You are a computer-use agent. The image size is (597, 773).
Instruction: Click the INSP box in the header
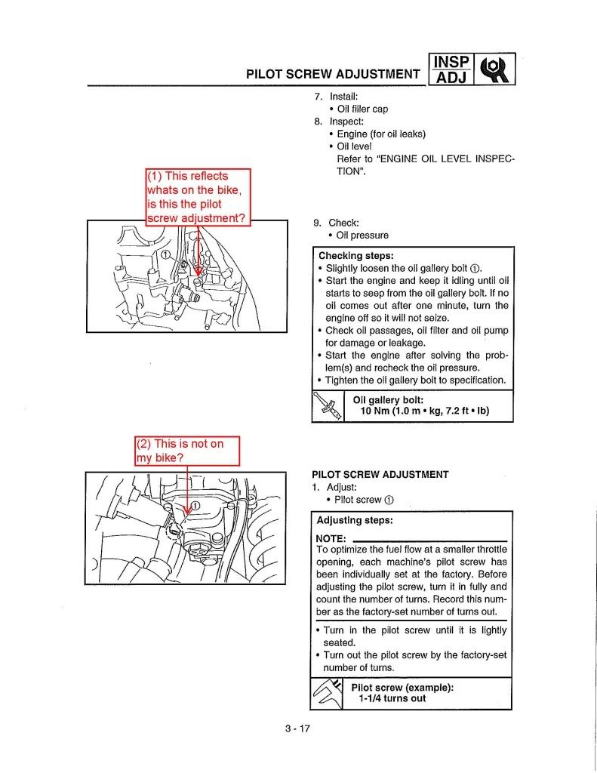pyautogui.click(x=451, y=62)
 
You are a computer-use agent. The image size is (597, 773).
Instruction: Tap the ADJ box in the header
pyautogui.click(x=451, y=77)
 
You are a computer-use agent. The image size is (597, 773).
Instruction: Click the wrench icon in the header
pyautogui.click(x=495, y=69)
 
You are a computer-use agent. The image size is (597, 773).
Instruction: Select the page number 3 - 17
pyautogui.click(x=298, y=729)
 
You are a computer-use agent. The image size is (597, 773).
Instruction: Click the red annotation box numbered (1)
pyautogui.click(x=196, y=197)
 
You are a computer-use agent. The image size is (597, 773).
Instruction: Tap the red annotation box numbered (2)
pyautogui.click(x=186, y=451)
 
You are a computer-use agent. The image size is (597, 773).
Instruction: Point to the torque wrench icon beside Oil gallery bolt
pyautogui.click(x=327, y=405)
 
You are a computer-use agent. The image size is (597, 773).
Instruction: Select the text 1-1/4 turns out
pyautogui.click(x=392, y=698)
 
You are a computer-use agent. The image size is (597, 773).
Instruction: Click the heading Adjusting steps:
pyautogui.click(x=355, y=521)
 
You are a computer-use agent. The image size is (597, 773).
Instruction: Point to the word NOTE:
pyautogui.click(x=331, y=538)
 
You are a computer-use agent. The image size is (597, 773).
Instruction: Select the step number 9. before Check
pyautogui.click(x=318, y=223)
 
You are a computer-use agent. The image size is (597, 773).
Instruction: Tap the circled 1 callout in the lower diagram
pyautogui.click(x=195, y=505)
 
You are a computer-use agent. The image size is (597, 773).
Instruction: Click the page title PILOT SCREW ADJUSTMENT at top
pyautogui.click(x=333, y=74)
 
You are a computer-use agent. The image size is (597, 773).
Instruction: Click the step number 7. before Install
pyautogui.click(x=319, y=97)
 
